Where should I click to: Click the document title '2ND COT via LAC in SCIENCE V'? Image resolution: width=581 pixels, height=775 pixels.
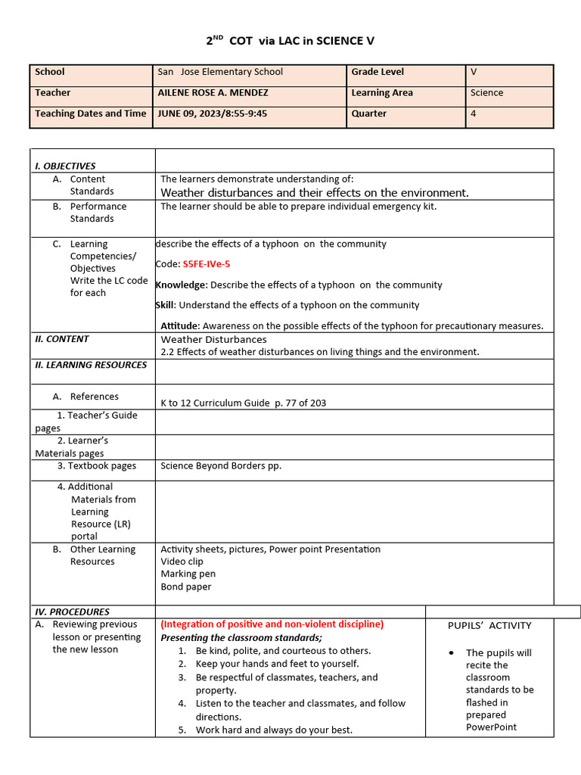pyautogui.click(x=290, y=41)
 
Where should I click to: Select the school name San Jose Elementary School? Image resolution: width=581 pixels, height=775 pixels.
pyautogui.click(x=220, y=72)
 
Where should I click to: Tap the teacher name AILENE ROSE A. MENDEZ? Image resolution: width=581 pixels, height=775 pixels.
pyautogui.click(x=213, y=93)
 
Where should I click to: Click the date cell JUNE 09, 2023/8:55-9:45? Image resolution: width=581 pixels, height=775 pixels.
pyautogui.click(x=211, y=114)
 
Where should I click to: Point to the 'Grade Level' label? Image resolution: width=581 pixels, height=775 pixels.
pyautogui.click(x=377, y=72)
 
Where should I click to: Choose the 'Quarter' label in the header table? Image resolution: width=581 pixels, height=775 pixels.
pyautogui.click(x=368, y=114)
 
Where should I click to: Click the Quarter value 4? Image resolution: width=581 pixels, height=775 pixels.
pyautogui.click(x=473, y=114)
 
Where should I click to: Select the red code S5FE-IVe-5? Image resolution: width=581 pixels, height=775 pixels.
pyautogui.click(x=206, y=264)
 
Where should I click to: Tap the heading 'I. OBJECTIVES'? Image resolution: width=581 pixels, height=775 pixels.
pyautogui.click(x=65, y=166)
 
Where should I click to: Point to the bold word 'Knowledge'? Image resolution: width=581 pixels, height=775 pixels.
pyautogui.click(x=181, y=285)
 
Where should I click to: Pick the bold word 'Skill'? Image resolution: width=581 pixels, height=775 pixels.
pyautogui.click(x=165, y=305)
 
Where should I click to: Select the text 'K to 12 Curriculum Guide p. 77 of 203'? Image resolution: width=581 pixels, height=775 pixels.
pyautogui.click(x=243, y=403)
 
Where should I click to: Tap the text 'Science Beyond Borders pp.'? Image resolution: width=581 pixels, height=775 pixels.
pyautogui.click(x=221, y=466)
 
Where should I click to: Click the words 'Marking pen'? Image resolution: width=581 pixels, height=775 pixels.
pyautogui.click(x=186, y=574)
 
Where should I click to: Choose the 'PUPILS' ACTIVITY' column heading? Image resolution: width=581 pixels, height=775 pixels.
pyautogui.click(x=489, y=626)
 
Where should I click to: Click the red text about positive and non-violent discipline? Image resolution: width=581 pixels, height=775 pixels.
pyautogui.click(x=272, y=624)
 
